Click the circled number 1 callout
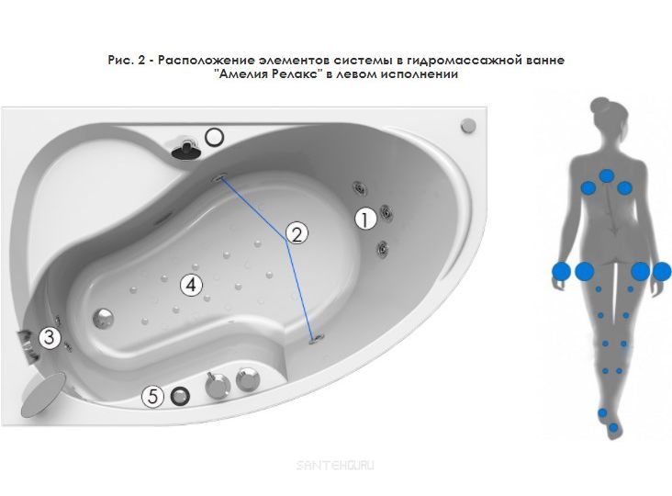(365, 219)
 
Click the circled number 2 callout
(297, 233)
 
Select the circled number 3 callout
(50, 337)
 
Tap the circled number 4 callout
(191, 285)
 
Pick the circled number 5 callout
(153, 396)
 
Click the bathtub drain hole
(104, 319)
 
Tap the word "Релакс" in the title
(297, 74)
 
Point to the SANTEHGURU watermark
(335, 465)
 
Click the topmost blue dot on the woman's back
(607, 175)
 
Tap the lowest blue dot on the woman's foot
(614, 427)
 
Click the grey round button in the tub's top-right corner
(468, 126)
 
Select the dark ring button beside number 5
(180, 396)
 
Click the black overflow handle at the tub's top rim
(186, 148)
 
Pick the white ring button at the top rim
(214, 137)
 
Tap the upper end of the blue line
(222, 178)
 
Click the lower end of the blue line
(313, 339)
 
